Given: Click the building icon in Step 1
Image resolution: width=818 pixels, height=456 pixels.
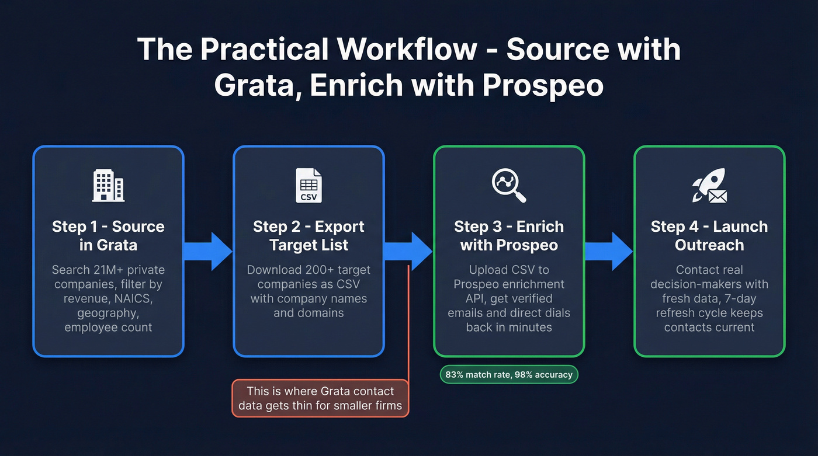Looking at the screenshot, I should pos(108,186).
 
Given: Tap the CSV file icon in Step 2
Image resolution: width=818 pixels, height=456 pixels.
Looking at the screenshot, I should pos(309,186).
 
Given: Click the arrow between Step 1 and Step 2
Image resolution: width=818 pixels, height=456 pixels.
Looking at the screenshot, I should pos(208,251).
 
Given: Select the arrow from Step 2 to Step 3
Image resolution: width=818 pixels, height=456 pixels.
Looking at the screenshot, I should pos(408,251).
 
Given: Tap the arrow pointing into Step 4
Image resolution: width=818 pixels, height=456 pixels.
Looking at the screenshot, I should pos(609,251).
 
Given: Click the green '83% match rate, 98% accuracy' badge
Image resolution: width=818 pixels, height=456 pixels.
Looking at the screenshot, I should pos(508,374).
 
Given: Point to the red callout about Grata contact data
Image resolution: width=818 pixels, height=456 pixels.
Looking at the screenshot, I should pos(320,398).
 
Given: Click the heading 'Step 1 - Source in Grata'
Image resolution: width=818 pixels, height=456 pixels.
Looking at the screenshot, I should pos(108,235).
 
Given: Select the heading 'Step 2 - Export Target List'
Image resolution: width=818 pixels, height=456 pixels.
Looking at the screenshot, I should pos(309,235).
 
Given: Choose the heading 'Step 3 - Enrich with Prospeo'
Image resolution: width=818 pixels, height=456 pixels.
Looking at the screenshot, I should pos(508,235).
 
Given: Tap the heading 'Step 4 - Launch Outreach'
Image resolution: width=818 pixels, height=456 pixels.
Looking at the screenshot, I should pos(709,235).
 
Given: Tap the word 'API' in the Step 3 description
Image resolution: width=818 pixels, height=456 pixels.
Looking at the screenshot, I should pos(457,298).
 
